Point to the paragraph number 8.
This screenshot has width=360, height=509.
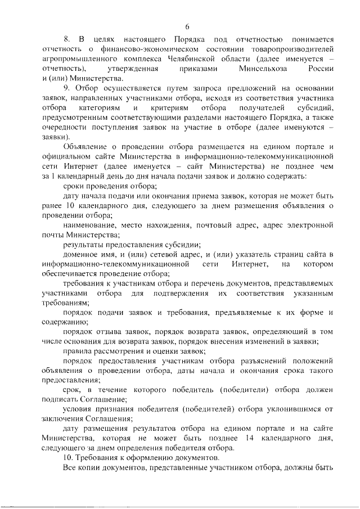pos(66,39)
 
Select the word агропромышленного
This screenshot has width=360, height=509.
pos(79,59)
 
